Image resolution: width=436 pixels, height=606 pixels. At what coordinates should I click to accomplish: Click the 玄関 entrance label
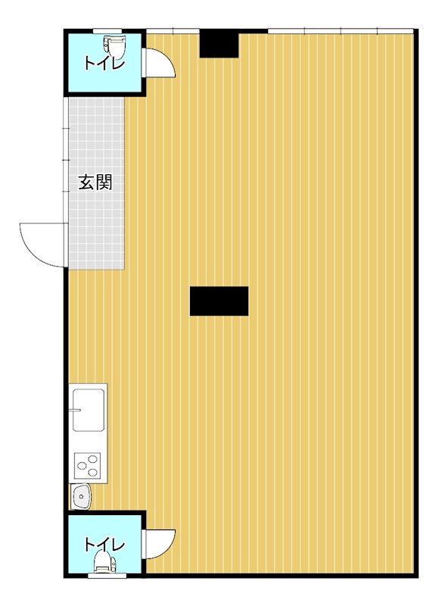tap(96, 183)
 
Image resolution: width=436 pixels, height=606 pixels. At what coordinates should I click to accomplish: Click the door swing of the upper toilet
tap(159, 64)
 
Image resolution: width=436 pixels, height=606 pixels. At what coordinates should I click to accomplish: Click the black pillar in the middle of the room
tap(219, 301)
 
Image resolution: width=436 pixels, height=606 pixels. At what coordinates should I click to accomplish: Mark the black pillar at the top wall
tap(220, 44)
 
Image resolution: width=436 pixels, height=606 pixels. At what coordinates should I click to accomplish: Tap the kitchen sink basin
tap(89, 409)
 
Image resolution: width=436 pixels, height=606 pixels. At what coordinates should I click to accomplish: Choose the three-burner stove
tap(89, 464)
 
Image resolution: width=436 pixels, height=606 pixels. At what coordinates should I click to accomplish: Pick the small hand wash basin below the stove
tap(81, 496)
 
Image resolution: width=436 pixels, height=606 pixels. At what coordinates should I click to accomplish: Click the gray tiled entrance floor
tap(96, 227)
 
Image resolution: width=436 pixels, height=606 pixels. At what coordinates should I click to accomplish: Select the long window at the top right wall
tap(341, 31)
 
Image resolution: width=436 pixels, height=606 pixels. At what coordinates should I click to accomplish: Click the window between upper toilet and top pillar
tap(173, 31)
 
